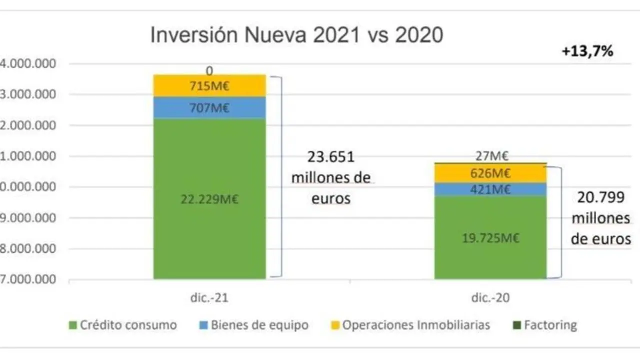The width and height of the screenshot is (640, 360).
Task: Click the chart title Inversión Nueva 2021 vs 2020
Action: [x=296, y=36]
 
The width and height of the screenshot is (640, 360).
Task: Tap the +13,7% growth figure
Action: [x=587, y=51]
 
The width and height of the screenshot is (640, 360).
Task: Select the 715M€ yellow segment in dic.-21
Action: [x=209, y=86]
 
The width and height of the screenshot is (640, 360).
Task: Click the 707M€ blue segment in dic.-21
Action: [x=209, y=107]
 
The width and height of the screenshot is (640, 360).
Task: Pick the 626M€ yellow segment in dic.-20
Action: [x=490, y=173]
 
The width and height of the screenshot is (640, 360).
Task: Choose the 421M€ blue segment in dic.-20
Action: [x=490, y=189]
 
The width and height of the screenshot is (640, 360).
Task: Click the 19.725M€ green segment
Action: [x=490, y=238]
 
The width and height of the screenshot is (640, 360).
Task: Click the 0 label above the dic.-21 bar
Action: [x=209, y=70]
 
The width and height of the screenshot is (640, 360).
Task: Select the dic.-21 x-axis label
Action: [x=209, y=298]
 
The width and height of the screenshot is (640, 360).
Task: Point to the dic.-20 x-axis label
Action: [x=490, y=298]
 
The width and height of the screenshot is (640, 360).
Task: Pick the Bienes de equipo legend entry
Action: [x=253, y=325]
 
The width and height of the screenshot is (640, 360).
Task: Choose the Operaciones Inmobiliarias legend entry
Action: [x=410, y=325]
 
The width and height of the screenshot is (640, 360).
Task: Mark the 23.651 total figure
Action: [x=330, y=157]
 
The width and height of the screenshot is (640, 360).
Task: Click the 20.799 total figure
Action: [x=601, y=197]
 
